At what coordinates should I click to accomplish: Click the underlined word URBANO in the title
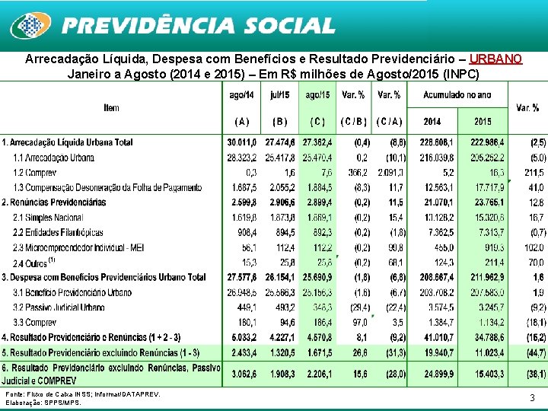pyautogui.click(x=495, y=59)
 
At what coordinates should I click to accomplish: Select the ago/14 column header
pyautogui.click(x=242, y=95)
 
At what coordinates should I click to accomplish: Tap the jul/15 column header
pyautogui.click(x=279, y=95)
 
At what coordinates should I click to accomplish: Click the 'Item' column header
pyautogui.click(x=111, y=108)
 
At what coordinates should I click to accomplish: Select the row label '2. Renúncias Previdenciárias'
pyautogui.click(x=54, y=202)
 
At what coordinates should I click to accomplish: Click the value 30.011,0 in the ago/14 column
pyautogui.click(x=242, y=142)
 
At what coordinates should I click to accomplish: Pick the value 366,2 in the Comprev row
pyautogui.click(x=355, y=173)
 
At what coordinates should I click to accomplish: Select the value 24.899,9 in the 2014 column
pyautogui.click(x=432, y=374)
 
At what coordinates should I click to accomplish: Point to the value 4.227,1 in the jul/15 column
pyautogui.click(x=280, y=337)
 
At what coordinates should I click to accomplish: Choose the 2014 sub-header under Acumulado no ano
pyautogui.click(x=432, y=121)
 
